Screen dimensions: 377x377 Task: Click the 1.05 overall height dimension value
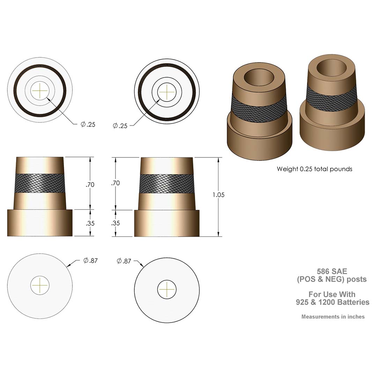[x=218, y=195]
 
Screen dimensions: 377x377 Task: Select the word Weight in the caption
[x=287, y=169]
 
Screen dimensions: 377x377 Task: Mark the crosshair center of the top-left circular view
[x=40, y=90]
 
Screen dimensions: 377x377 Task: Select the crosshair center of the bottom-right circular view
[x=167, y=290]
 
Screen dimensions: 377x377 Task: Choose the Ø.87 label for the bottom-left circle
[x=90, y=260]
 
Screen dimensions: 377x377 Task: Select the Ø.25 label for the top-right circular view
[x=120, y=126]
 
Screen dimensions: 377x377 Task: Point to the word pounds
[x=341, y=169]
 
